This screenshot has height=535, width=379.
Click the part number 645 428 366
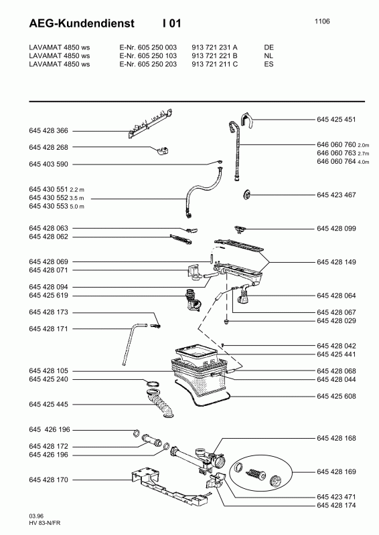click(x=48, y=130)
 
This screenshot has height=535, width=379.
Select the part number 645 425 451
click(x=336, y=120)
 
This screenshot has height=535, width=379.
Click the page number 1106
click(x=322, y=21)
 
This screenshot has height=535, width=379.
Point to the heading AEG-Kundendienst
click(x=82, y=23)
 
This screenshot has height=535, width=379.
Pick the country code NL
click(x=269, y=56)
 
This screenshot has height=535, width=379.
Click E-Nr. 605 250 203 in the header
click(x=148, y=64)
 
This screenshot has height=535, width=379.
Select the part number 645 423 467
click(x=336, y=195)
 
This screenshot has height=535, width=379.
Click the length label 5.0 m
click(x=77, y=207)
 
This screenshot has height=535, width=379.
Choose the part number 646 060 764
click(x=336, y=161)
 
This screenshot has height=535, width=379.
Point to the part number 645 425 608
click(x=336, y=396)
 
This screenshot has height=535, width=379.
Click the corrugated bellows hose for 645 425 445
click(x=160, y=405)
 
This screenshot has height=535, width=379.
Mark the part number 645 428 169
click(x=336, y=472)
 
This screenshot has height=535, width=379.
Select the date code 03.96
click(x=36, y=516)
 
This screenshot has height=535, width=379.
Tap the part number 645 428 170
click(x=48, y=480)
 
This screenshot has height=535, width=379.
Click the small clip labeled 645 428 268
click(x=163, y=150)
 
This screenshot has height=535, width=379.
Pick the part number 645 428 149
click(x=336, y=262)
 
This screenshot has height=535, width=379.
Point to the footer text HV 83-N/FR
click(x=45, y=523)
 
